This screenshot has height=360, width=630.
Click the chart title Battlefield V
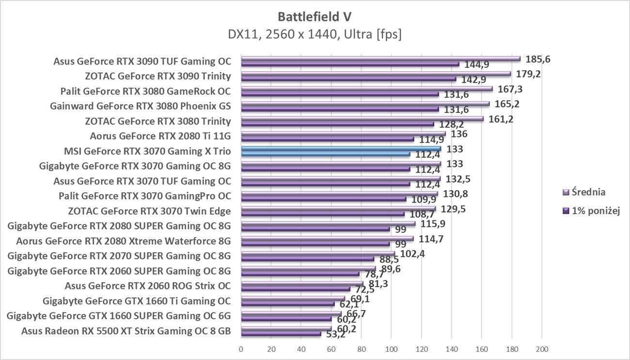315,17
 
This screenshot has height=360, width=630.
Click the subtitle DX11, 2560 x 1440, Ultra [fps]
315,34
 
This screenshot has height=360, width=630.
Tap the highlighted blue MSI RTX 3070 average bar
341,149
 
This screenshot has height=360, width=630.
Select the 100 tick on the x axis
391,349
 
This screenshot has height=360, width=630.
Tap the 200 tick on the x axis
542,349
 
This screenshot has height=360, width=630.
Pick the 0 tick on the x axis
241,349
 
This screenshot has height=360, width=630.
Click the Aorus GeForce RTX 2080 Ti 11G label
160,136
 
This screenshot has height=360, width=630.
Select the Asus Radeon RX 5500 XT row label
126,331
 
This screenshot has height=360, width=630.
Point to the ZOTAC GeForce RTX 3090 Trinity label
157,76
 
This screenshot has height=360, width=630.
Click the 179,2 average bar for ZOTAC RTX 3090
376,74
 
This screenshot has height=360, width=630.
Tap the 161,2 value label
501,119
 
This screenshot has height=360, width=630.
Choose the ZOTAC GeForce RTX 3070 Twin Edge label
149,211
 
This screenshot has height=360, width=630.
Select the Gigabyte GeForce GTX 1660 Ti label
137,301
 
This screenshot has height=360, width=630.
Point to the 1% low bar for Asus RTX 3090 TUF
349,64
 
